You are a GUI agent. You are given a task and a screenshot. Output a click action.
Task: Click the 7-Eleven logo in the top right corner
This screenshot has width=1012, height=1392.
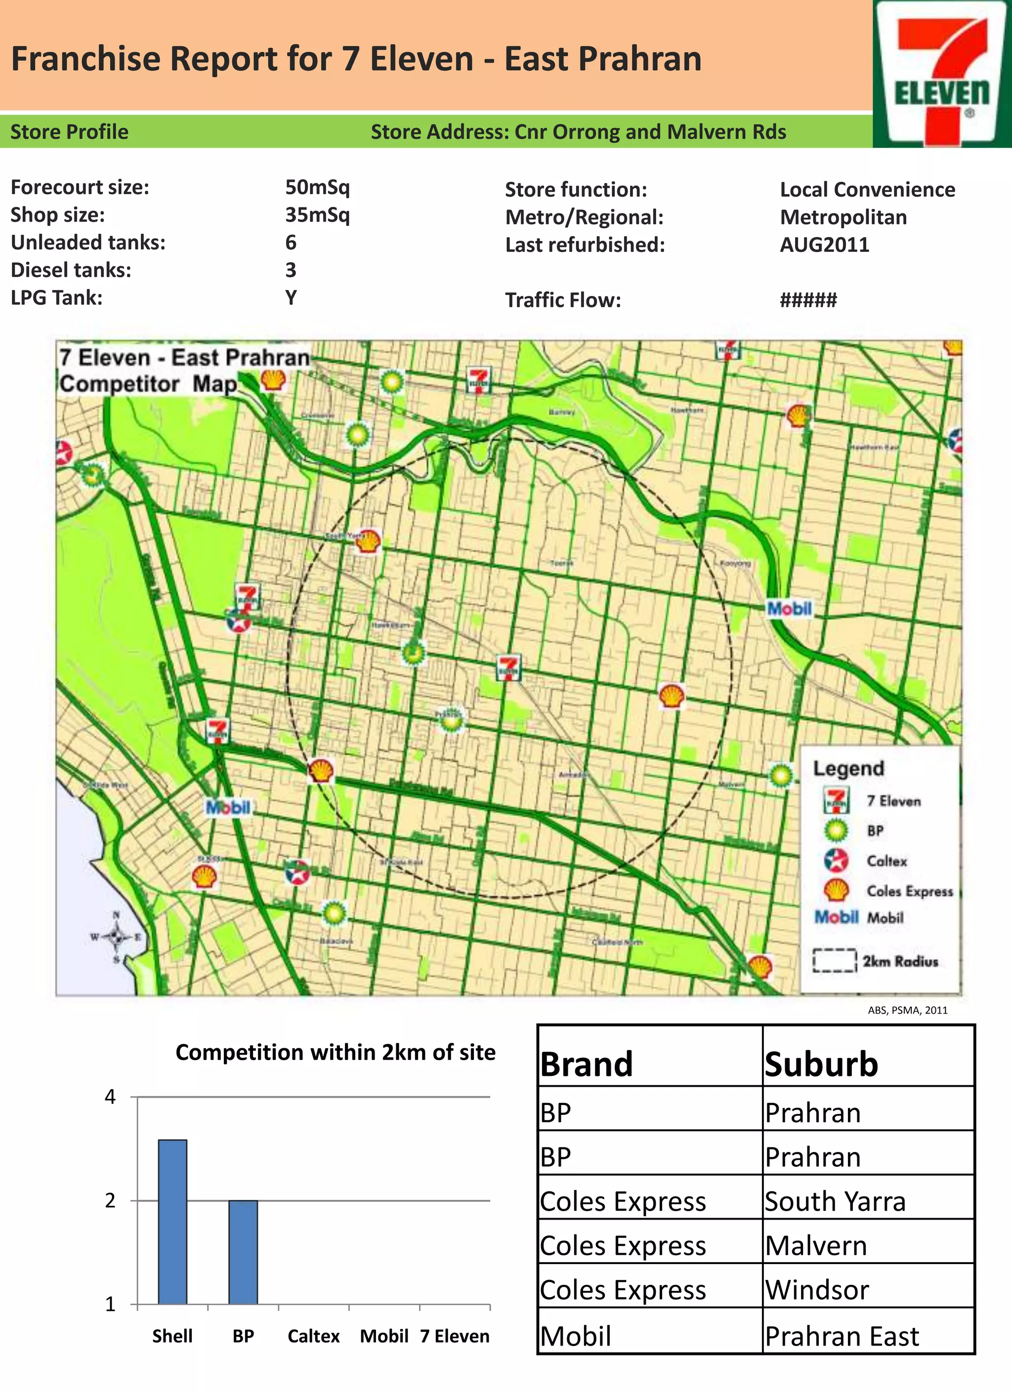(x=942, y=74)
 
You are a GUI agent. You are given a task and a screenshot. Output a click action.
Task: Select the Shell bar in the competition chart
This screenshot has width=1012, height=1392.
(x=172, y=1222)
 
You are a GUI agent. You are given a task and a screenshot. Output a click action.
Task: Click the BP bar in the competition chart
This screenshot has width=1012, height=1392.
(x=243, y=1252)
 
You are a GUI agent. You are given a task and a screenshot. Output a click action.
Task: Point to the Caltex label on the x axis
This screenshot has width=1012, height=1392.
(x=313, y=1336)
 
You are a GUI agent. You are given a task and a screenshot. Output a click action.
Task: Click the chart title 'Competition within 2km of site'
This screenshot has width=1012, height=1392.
(x=336, y=1053)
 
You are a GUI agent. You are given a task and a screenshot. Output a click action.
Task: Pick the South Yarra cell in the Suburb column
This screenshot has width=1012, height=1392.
(x=835, y=1201)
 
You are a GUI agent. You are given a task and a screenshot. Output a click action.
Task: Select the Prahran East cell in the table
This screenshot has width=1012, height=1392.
(x=842, y=1336)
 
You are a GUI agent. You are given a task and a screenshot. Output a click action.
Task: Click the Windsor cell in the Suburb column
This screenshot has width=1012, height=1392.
(x=817, y=1290)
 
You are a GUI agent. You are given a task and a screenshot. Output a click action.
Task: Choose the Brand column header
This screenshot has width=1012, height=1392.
(x=587, y=1064)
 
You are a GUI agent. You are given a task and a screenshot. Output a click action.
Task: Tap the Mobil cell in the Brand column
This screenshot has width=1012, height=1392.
(x=576, y=1336)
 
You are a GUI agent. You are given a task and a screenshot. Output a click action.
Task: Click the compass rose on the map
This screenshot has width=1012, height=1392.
(x=116, y=937)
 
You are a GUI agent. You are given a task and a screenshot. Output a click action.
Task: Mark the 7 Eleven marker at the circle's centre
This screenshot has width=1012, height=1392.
(x=508, y=668)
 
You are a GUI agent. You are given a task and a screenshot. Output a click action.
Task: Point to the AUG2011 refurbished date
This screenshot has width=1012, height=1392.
(x=825, y=245)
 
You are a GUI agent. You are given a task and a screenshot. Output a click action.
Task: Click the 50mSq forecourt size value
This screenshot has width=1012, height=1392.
(x=317, y=187)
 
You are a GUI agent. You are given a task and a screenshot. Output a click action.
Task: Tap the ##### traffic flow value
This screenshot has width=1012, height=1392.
(x=808, y=300)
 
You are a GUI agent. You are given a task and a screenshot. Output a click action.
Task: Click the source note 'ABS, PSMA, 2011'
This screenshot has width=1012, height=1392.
(x=908, y=1010)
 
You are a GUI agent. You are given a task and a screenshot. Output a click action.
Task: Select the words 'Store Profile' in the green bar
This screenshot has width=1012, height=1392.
(x=69, y=132)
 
